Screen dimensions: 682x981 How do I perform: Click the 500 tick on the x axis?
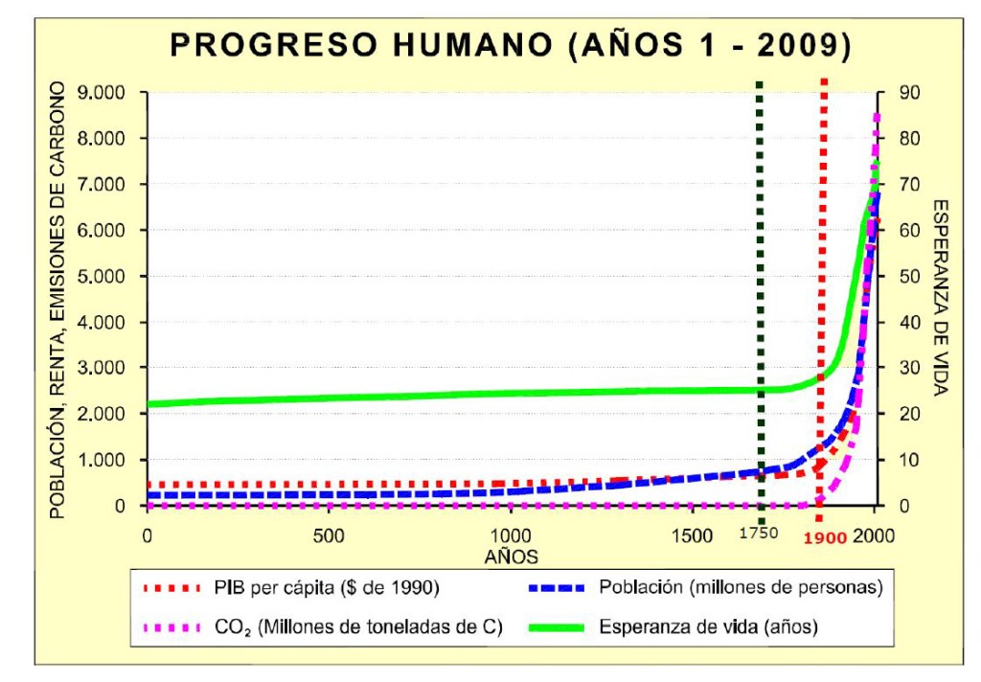(329, 535)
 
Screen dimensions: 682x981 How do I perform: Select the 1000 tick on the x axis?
(509, 535)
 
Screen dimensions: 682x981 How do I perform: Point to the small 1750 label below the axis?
(761, 537)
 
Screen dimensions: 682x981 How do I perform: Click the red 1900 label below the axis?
(826, 538)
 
